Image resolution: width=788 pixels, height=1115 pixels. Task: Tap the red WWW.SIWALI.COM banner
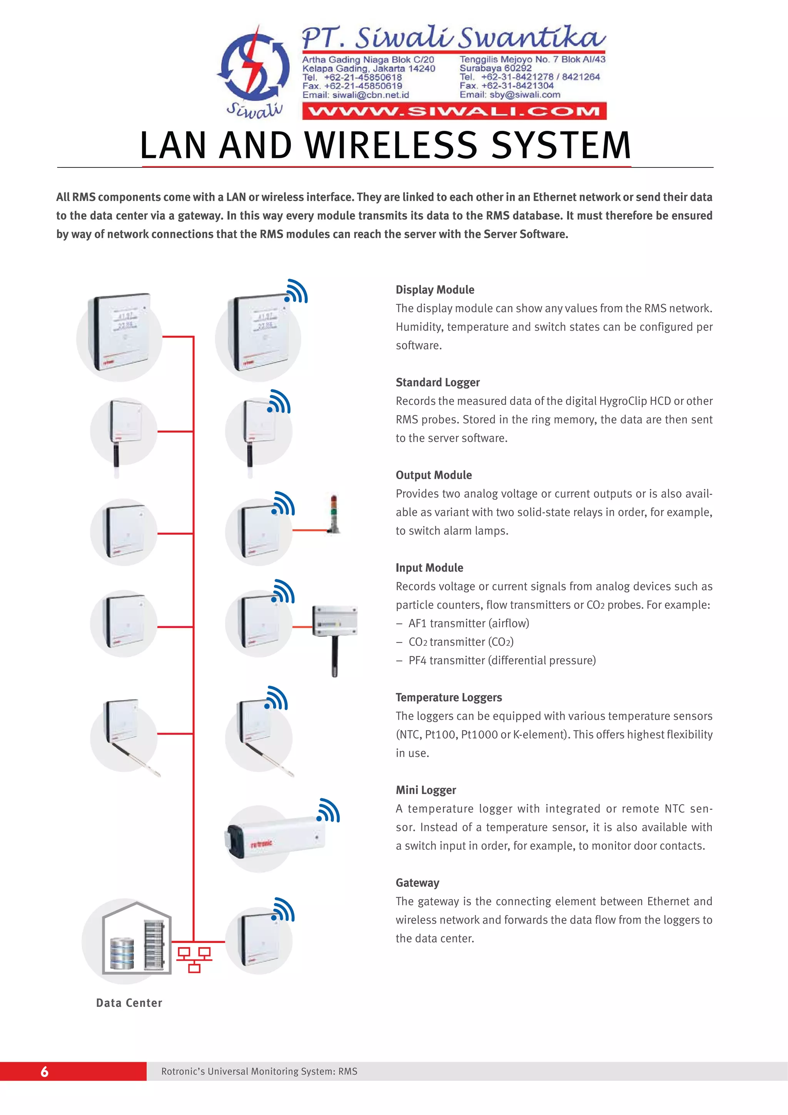(x=454, y=111)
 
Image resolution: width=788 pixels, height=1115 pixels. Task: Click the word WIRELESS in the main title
(x=391, y=145)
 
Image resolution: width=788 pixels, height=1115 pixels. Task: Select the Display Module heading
(x=434, y=290)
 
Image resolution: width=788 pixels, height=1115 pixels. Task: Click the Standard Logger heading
(x=437, y=383)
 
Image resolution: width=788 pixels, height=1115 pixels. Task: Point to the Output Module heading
(x=434, y=475)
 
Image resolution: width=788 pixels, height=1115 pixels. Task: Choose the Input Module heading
(x=429, y=568)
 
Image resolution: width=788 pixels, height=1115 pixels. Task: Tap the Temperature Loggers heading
(x=449, y=697)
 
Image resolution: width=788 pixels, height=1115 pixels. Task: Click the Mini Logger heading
(x=426, y=790)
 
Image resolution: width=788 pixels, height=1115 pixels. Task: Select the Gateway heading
(x=417, y=883)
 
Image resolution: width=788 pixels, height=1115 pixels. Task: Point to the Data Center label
(x=129, y=1003)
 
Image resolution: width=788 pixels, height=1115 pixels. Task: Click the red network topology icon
(x=194, y=960)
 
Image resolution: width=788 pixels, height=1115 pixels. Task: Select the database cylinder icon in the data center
(x=122, y=954)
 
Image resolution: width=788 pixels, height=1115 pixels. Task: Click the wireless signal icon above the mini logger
(x=329, y=811)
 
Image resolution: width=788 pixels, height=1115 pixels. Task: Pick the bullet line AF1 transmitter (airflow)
(x=469, y=624)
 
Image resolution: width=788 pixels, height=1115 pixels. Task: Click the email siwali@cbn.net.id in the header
(x=356, y=95)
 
